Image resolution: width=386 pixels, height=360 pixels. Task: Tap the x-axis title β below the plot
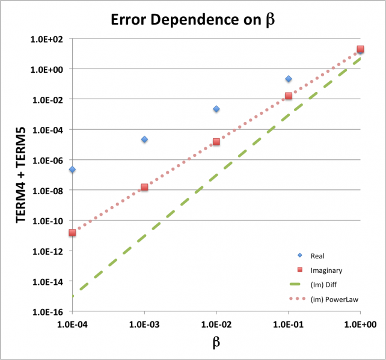[216, 342]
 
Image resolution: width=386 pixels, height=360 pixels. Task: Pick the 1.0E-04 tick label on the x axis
[72, 323]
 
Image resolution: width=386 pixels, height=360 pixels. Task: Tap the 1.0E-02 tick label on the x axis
[216, 323]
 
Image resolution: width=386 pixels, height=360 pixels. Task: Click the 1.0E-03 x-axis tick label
[144, 323]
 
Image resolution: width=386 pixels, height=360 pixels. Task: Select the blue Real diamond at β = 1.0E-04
[72, 169]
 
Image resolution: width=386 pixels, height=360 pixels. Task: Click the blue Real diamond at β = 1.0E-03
[144, 139]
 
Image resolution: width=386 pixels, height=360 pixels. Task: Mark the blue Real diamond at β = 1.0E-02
[216, 109]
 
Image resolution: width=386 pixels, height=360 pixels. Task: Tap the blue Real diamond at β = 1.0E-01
[289, 79]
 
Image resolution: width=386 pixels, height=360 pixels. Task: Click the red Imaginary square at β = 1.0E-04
[72, 233]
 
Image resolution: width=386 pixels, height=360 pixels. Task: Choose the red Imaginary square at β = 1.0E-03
[144, 188]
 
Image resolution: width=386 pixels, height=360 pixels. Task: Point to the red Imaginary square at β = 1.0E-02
[216, 142]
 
